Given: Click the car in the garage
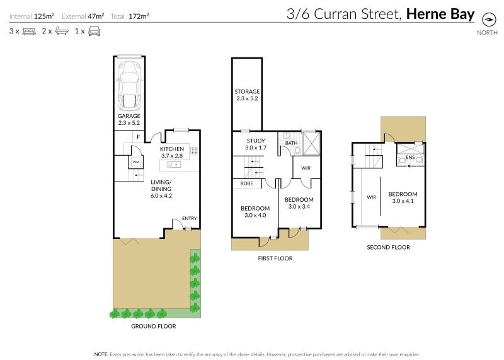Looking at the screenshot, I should [x=129, y=84].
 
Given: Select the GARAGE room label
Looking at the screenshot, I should [x=129, y=117].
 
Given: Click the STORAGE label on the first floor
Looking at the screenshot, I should [x=247, y=92].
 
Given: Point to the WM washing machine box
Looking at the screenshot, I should [x=135, y=162].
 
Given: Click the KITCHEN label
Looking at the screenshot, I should [x=171, y=149].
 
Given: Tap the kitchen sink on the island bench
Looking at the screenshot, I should [x=175, y=165].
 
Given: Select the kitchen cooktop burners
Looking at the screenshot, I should [x=194, y=151].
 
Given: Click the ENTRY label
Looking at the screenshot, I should [x=189, y=218].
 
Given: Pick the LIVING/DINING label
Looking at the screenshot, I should [x=161, y=185].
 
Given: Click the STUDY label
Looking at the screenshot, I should [x=256, y=141].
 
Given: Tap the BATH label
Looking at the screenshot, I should [x=290, y=143].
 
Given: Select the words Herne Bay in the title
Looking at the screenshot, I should [x=442, y=13].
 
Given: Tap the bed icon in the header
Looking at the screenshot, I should [x=28, y=30].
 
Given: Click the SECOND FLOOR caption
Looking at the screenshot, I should [x=388, y=247].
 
